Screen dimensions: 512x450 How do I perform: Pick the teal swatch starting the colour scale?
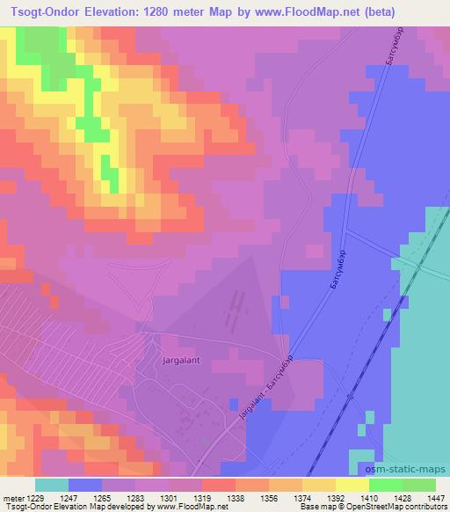[52, 485]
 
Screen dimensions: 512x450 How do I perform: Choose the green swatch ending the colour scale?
[419, 485]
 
